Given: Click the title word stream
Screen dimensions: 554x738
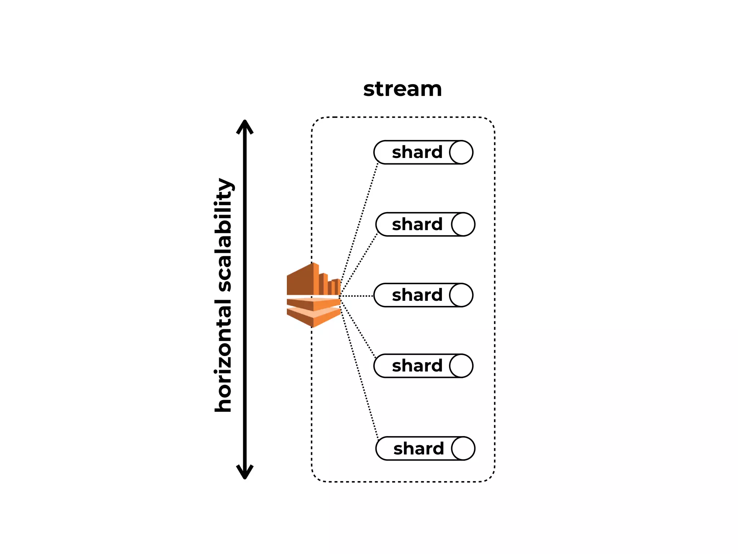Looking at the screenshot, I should point(402,89).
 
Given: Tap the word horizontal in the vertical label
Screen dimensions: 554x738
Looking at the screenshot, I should point(223,355).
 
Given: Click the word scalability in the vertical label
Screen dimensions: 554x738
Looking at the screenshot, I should point(224,234).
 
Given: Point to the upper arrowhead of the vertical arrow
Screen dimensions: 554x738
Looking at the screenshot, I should point(245,126).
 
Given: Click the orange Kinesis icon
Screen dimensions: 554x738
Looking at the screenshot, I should point(313,296).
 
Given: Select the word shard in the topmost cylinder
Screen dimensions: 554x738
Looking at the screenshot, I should point(417,152).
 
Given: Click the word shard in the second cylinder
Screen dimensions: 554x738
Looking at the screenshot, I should point(417,224).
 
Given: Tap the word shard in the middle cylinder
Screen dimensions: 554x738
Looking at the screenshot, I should point(417,295).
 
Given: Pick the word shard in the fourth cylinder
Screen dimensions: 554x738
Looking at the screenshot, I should point(417,366).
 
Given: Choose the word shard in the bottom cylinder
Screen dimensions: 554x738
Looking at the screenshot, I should point(418,449).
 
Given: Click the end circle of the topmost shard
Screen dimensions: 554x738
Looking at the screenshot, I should point(461,152).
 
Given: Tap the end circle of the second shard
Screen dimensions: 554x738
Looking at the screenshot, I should point(463,224).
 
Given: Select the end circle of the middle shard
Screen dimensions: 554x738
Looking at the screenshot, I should point(461,295).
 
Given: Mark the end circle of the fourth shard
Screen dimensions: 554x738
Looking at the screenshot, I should point(461,366).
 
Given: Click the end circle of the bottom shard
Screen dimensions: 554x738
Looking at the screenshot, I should point(463,449).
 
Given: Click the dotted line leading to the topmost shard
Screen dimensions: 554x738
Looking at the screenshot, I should point(359,229).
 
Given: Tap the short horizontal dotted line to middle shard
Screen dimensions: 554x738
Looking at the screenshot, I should point(357,296).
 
